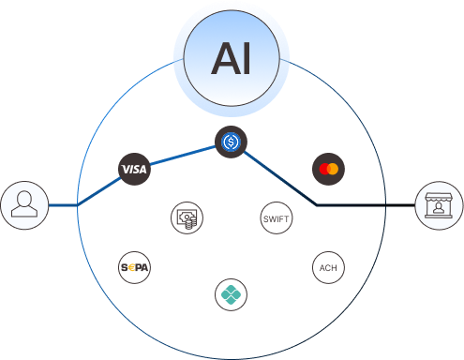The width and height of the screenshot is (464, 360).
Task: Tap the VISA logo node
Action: tap(135, 169)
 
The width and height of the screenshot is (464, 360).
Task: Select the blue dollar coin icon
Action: tap(231, 142)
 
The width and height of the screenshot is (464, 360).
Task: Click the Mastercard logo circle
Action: tap(328, 169)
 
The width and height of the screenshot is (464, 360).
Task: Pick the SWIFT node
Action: tap(276, 217)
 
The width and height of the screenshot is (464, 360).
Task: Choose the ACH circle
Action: tap(328, 267)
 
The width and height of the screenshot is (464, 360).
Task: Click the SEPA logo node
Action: tap(135, 267)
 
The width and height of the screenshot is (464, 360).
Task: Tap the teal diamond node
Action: tap(231, 293)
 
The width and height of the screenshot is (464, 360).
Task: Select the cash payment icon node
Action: tap(186, 218)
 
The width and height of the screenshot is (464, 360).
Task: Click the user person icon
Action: tap(23, 205)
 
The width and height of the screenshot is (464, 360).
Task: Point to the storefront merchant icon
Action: tap(439, 205)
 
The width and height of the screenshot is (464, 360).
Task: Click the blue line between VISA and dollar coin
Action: tap(183, 156)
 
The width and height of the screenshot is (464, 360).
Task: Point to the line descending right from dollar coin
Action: tap(277, 174)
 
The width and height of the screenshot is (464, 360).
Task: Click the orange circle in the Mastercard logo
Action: tap(333, 169)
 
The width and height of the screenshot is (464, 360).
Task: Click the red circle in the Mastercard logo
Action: tap(323, 169)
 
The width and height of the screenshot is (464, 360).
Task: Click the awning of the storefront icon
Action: tap(439, 198)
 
